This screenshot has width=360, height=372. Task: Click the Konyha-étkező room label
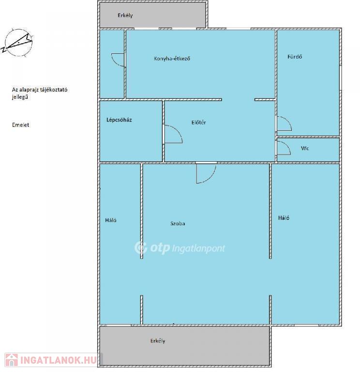click(172, 58)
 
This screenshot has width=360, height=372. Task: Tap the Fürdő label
click(295, 57)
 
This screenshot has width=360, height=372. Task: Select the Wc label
click(305, 148)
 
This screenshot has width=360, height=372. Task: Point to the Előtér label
click(198, 123)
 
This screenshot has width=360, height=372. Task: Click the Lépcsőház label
click(119, 120)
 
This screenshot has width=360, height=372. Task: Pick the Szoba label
click(178, 223)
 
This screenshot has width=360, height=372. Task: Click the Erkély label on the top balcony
click(125, 15)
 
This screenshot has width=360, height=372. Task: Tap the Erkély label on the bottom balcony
click(158, 341)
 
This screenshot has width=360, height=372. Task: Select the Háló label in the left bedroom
click(111, 220)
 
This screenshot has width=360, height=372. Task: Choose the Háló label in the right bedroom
click(284, 218)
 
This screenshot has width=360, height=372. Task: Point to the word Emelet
click(21, 125)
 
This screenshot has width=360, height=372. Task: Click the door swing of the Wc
click(284, 148)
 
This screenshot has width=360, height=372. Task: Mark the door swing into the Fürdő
click(284, 124)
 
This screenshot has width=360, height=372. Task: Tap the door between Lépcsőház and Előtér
click(173, 134)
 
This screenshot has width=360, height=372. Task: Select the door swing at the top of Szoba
click(206, 174)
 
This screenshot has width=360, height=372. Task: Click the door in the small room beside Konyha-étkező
click(118, 60)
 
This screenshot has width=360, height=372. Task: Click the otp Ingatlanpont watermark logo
click(180, 248)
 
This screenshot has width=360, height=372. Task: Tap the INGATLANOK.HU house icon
click(12, 360)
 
